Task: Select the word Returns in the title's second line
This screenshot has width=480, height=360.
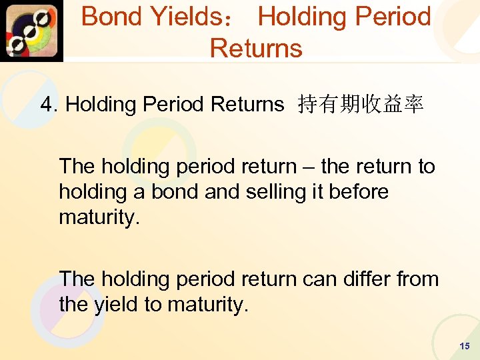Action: [x=256, y=49]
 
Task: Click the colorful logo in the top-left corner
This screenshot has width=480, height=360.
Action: [x=31, y=31]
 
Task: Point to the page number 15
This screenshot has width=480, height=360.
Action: [x=465, y=346]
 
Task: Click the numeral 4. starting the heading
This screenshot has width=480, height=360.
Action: [x=49, y=105]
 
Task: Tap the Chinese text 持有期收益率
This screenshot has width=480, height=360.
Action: [x=361, y=105]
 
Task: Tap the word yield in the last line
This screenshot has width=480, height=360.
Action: [x=115, y=305]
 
